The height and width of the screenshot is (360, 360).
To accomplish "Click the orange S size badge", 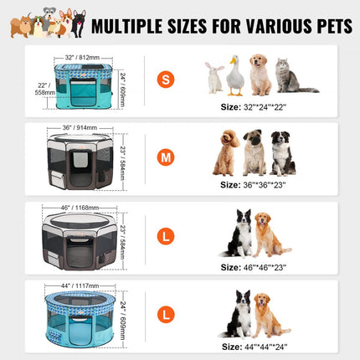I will (x=166, y=80).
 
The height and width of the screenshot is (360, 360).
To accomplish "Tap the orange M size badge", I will (x=166, y=158).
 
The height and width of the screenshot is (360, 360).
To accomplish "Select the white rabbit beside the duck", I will (x=214, y=78).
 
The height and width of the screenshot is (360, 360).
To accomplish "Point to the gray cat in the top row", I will (x=290, y=76).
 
